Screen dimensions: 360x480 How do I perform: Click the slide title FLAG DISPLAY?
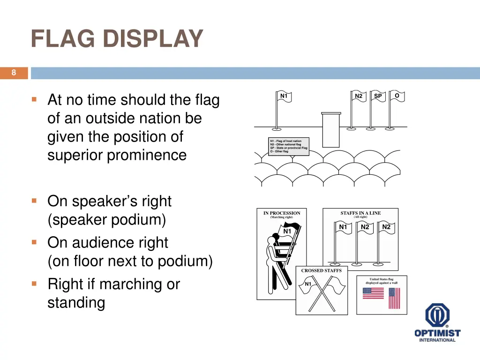(117, 39)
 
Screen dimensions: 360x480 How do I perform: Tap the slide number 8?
(14, 73)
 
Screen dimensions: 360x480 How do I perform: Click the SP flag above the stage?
(377, 96)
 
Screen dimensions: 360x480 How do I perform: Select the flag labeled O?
(397, 96)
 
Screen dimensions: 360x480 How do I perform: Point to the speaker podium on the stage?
(330, 129)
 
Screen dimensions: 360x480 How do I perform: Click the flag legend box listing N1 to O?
(289, 146)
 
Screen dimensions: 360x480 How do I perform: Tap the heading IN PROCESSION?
(282, 213)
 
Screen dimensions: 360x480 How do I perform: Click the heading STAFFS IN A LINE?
(360, 213)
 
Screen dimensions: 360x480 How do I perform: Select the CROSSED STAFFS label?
(321, 270)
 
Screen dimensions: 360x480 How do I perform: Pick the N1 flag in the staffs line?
(343, 228)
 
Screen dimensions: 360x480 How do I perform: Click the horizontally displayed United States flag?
(373, 293)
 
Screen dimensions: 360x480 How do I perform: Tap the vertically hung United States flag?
(394, 298)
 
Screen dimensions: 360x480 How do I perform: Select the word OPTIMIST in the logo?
(437, 333)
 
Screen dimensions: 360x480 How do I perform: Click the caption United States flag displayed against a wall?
(382, 281)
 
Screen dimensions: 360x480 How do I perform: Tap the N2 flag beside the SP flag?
(359, 96)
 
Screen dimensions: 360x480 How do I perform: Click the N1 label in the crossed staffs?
(308, 284)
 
